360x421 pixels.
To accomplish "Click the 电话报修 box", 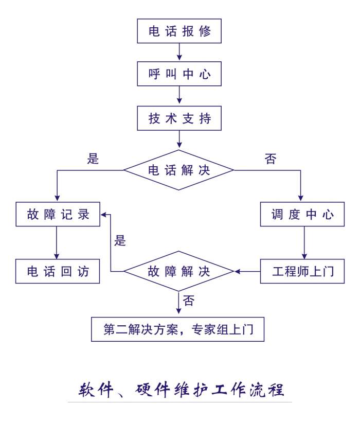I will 179,31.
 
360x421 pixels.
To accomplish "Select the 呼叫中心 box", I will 179,74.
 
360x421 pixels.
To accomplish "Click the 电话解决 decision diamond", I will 179,170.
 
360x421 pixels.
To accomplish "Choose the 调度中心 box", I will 302,214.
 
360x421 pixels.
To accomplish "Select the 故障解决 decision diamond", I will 179,271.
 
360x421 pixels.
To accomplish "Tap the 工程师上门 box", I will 302,271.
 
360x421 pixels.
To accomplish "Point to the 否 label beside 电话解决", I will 271,159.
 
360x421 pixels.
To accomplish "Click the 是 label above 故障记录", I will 93,159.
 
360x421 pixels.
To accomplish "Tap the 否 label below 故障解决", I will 189,301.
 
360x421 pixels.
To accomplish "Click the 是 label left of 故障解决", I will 120,240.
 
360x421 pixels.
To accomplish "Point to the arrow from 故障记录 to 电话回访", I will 57,243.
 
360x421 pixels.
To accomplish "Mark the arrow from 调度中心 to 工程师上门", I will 305,243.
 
